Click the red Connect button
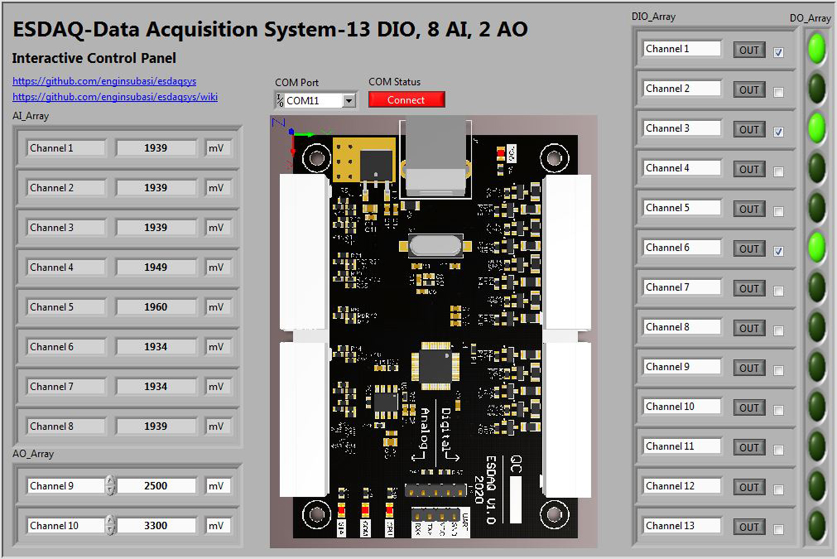[x=406, y=100]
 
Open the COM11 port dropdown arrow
[x=349, y=101]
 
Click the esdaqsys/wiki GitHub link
[x=115, y=97]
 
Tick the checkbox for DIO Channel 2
[x=779, y=93]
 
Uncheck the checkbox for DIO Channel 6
[x=779, y=252]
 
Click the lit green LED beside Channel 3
[x=817, y=128]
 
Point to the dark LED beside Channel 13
[x=817, y=525]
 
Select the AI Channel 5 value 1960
[x=156, y=307]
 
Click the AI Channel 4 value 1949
[x=156, y=267]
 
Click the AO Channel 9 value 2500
[x=156, y=486]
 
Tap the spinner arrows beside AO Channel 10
[x=110, y=525]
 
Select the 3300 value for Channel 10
[x=156, y=525]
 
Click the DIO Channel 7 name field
[x=681, y=287]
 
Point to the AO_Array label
[x=33, y=453]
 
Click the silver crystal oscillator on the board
[x=436, y=245]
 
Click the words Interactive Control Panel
[x=94, y=58]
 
